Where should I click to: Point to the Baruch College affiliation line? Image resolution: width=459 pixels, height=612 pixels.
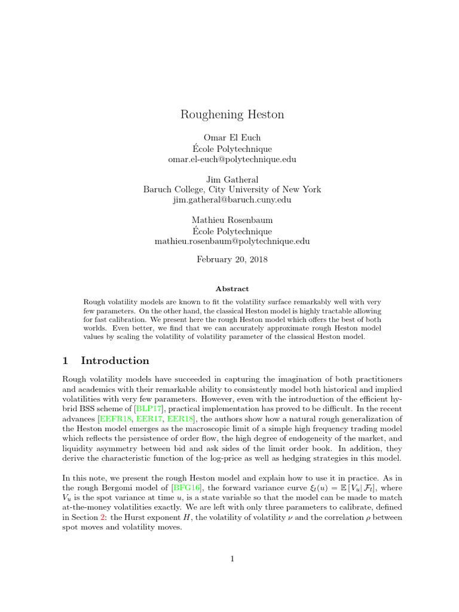(232, 189)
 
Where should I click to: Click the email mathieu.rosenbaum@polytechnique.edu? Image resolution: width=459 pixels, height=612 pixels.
(232, 241)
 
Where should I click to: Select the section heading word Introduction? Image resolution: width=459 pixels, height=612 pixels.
(115, 361)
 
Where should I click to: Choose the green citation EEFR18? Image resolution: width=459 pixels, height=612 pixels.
(121, 418)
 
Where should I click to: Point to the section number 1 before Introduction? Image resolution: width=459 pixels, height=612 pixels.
(67, 361)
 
